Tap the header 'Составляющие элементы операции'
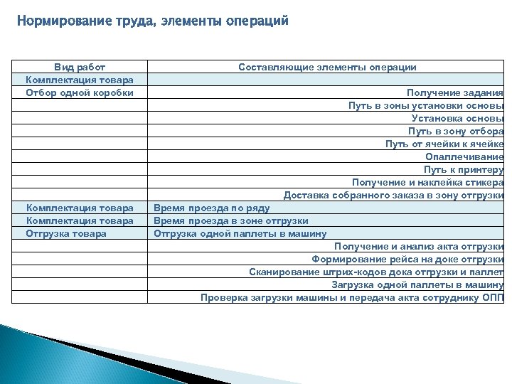[x=327, y=67]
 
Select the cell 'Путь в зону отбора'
[x=455, y=131]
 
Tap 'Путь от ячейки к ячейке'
[x=444, y=144]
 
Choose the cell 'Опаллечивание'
[x=464, y=156]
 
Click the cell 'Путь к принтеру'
[x=464, y=169]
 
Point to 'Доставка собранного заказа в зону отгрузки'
[x=393, y=195]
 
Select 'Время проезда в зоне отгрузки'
[x=231, y=220]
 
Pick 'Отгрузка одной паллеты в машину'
[x=240, y=233]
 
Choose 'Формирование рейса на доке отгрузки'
[x=407, y=259]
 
